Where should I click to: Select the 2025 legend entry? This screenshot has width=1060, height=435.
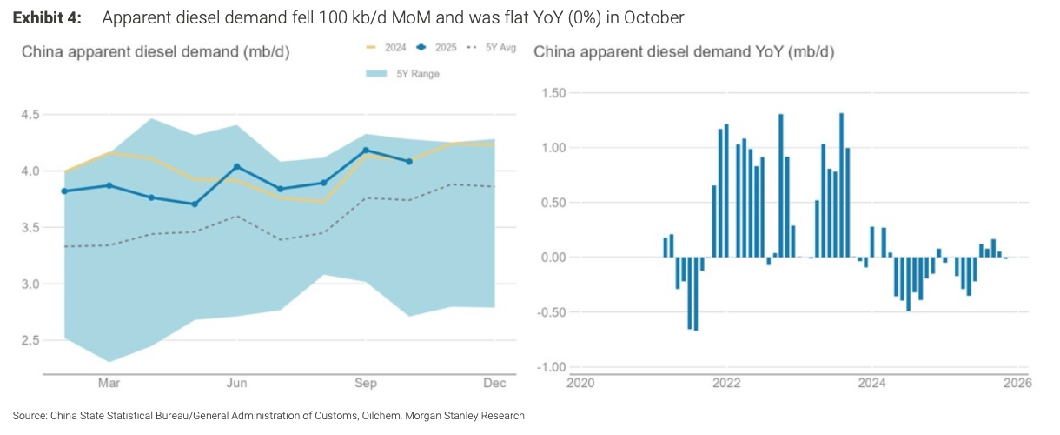(x=438, y=48)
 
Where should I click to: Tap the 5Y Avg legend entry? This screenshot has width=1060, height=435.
(x=493, y=48)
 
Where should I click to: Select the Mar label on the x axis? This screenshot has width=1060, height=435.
(x=109, y=383)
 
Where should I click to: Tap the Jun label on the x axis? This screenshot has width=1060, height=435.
(x=238, y=383)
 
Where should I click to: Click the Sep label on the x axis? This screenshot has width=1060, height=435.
(x=366, y=383)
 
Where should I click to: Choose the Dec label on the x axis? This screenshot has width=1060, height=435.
(x=494, y=383)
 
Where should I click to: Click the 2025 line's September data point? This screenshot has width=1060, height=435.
(x=366, y=151)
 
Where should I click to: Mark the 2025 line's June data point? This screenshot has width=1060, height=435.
(x=238, y=166)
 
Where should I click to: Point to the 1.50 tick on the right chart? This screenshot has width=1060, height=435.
(x=553, y=93)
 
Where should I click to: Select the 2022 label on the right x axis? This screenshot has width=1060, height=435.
(x=725, y=383)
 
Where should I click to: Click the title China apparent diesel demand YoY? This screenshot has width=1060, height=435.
(x=684, y=52)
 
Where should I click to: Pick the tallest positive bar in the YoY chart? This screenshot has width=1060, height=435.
(x=842, y=184)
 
